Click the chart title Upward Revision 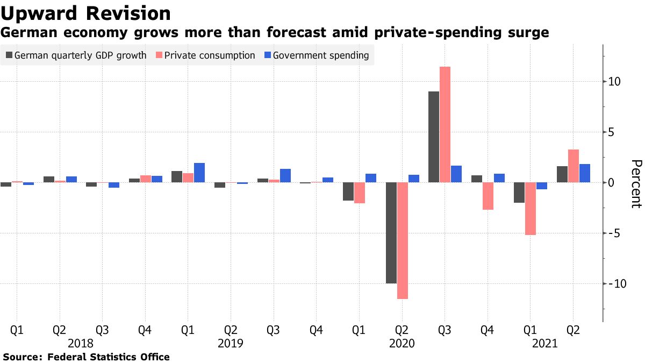(x=87, y=13)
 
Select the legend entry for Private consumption (x=206, y=55)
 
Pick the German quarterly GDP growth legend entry (x=76, y=55)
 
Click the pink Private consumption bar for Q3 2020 (x=445, y=124)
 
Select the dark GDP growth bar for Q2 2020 (x=391, y=233)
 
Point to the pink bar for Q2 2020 (x=402, y=240)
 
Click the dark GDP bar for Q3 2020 (x=433, y=137)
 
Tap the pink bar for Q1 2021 (x=530, y=209)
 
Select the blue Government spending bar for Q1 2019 (x=199, y=173)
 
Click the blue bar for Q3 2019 (x=285, y=176)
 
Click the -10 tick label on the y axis (x=613, y=283)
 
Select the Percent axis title (x=636, y=183)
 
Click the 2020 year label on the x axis (x=402, y=343)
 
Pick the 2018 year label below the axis (x=81, y=343)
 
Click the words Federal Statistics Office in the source (x=109, y=357)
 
